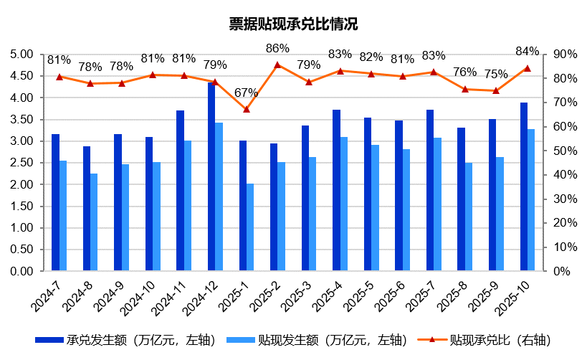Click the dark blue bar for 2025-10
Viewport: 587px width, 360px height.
click(523, 187)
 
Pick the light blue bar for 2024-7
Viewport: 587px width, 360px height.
click(63, 216)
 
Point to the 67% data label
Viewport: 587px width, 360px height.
click(246, 93)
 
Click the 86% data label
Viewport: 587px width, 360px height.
click(277, 49)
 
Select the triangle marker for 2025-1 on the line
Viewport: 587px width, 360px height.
click(246, 109)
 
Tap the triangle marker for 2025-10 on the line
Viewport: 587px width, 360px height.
click(527, 68)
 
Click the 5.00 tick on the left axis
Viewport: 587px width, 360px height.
click(24, 54)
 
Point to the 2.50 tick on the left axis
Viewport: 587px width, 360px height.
click(24, 163)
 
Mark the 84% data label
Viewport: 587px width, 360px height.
click(527, 51)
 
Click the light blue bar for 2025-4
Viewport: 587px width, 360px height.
click(344, 204)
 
